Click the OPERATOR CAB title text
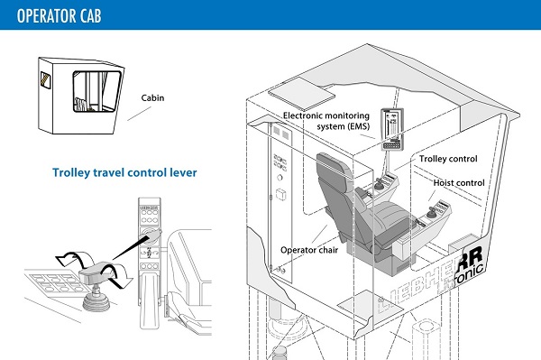(59, 15)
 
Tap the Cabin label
(152, 98)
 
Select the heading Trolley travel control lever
(124, 172)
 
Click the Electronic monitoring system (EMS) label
(326, 121)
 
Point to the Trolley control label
(448, 159)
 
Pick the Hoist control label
(459, 183)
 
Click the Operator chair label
(309, 250)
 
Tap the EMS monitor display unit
(392, 129)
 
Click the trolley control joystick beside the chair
(379, 184)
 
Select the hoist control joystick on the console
(431, 212)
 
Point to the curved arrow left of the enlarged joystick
(73, 259)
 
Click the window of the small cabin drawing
(96, 91)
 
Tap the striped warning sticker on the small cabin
(45, 80)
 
